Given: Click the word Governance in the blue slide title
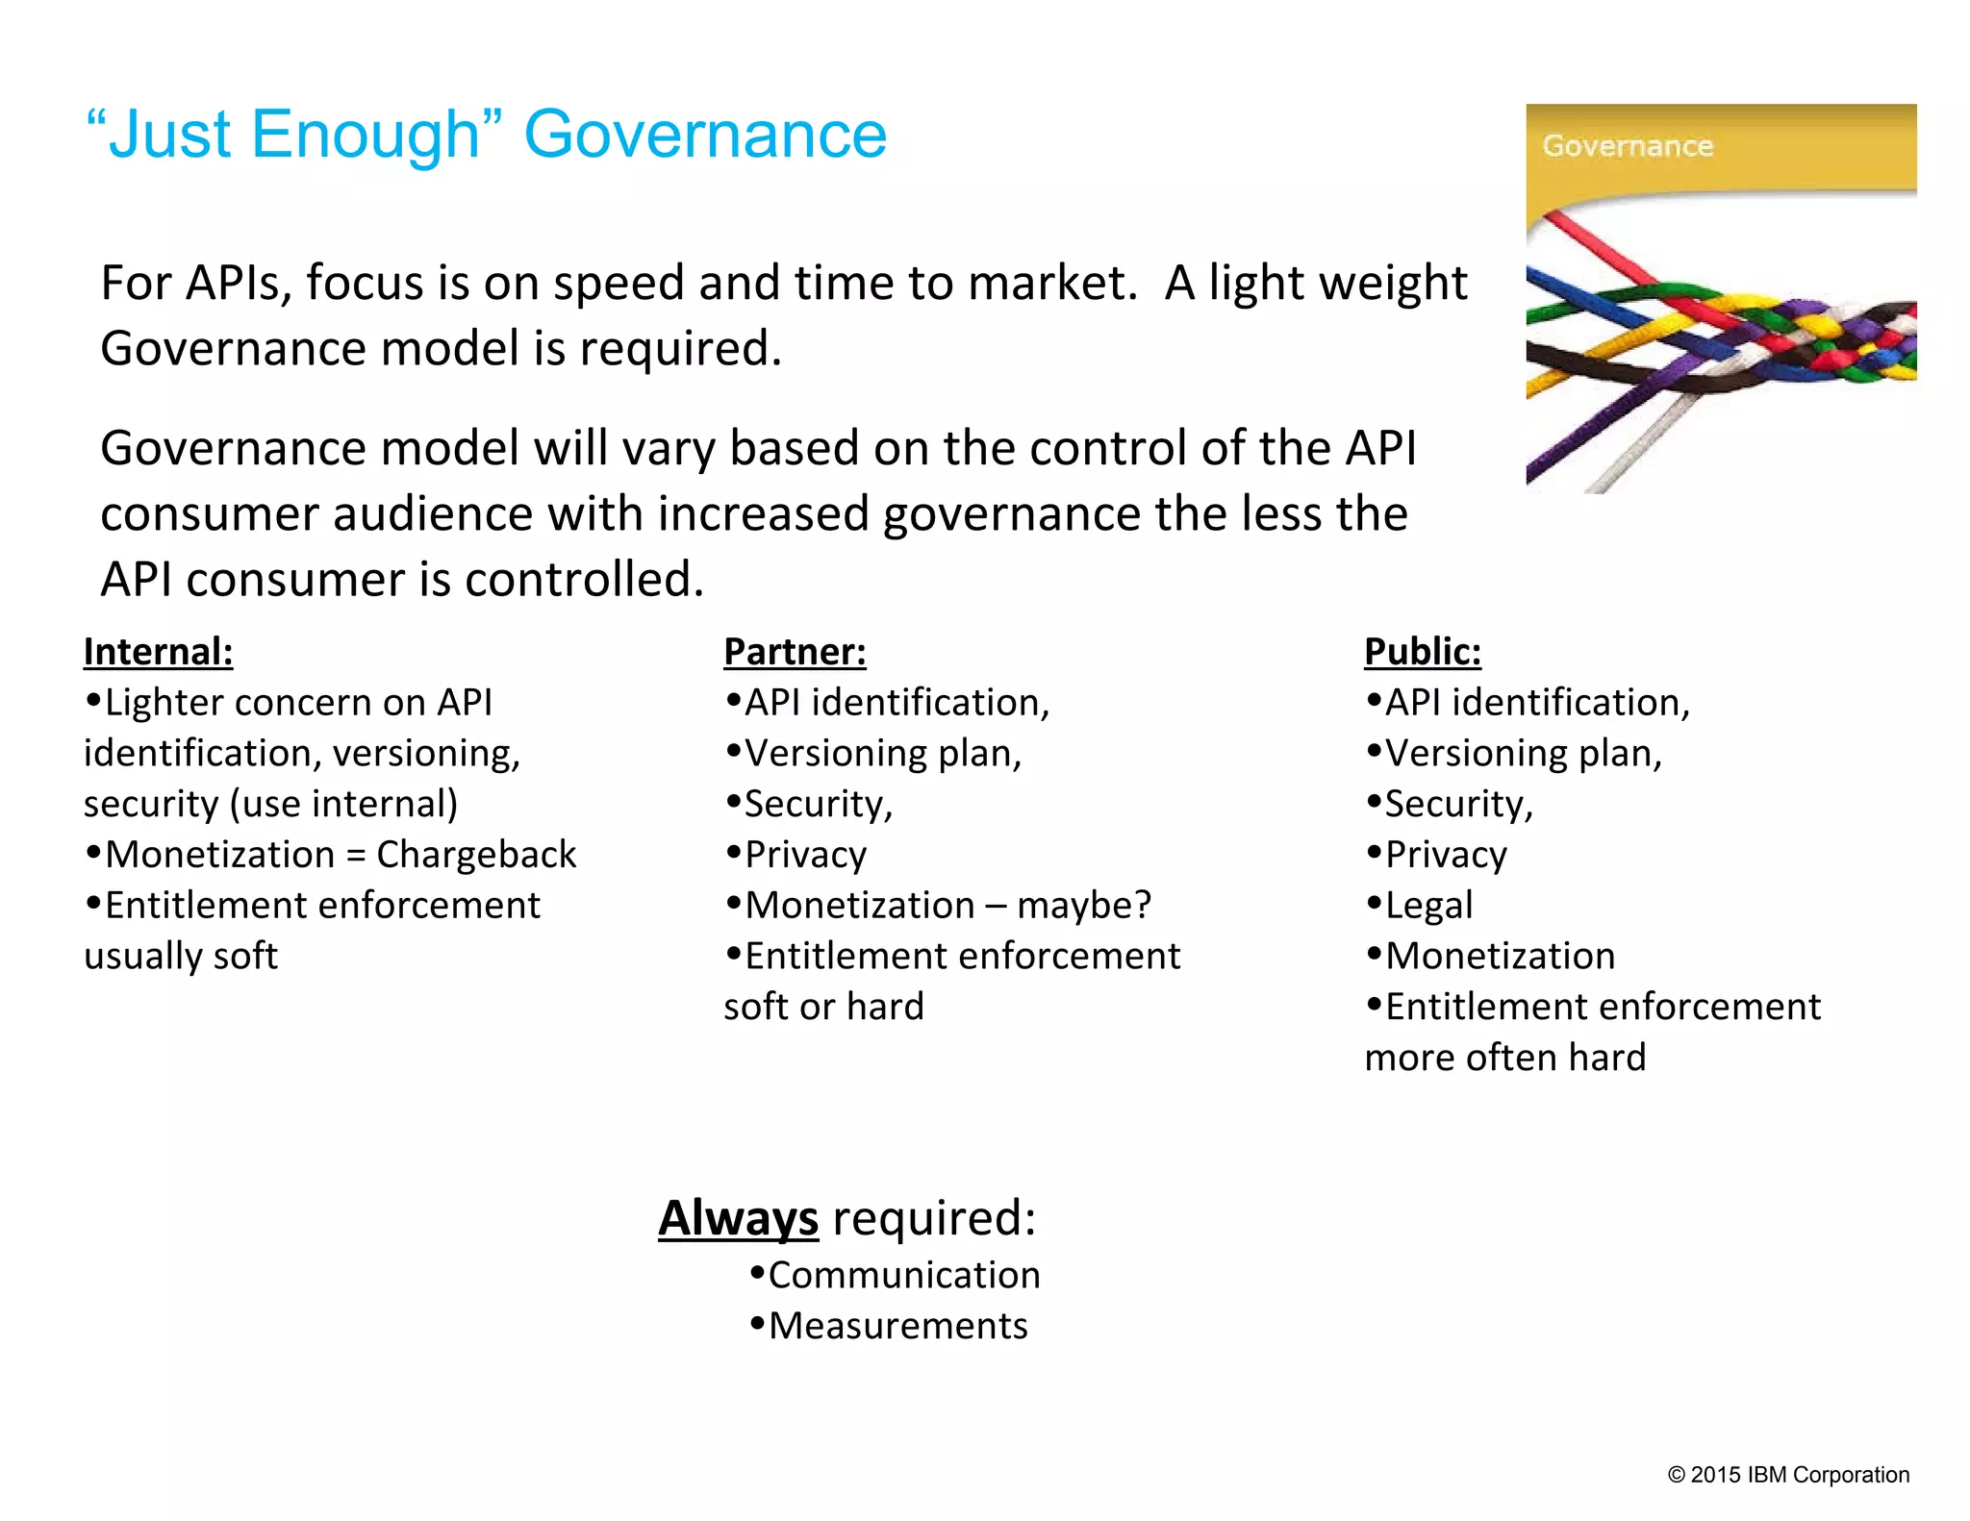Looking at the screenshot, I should [x=704, y=135].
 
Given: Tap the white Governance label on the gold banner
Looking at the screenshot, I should [x=1628, y=146].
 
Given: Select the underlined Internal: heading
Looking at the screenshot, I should [x=158, y=652].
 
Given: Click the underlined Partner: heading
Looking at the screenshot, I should [x=795, y=652].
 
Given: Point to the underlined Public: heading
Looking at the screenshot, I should [x=1422, y=652].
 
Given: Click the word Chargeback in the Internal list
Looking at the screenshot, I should [x=476, y=855].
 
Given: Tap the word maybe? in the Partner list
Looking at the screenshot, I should [x=1084, y=906].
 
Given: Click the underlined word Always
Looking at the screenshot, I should [x=738, y=1218].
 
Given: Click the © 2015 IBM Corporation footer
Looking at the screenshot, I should [x=1788, y=1475].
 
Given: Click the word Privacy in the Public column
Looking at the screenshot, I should [x=1446, y=855].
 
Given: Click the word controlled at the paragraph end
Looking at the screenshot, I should [x=585, y=580].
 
